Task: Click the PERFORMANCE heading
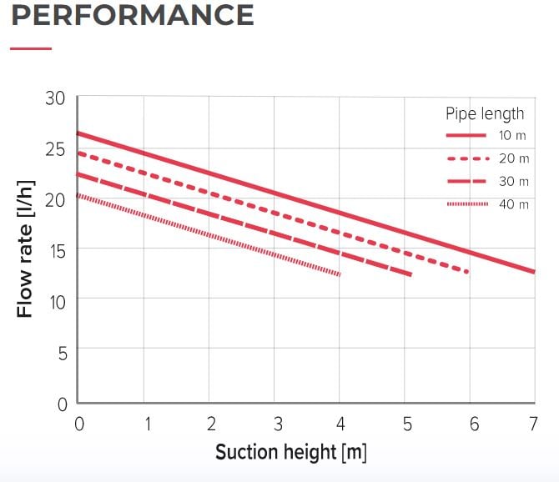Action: [133, 15]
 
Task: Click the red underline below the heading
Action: [31, 48]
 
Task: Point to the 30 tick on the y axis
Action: [55, 98]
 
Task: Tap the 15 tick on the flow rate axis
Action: [55, 249]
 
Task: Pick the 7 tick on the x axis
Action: [534, 424]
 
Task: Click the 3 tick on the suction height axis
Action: [278, 424]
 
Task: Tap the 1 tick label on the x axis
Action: [148, 424]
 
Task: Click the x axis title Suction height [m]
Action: [290, 453]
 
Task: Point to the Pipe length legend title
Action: [485, 113]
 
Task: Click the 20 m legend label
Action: [513, 158]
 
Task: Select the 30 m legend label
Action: [513, 181]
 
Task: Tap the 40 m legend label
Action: [513, 204]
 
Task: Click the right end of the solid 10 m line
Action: [532, 272]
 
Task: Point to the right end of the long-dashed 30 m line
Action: [410, 274]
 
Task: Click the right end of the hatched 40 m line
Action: [340, 274]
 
